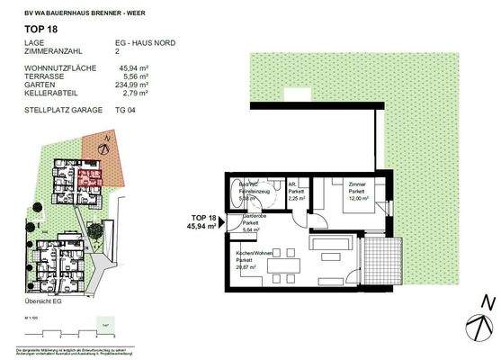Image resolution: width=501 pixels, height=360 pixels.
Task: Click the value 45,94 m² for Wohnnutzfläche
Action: (157, 65)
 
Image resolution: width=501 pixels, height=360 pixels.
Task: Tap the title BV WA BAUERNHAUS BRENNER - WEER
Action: (83, 11)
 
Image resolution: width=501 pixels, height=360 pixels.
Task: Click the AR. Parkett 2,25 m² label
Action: (297, 191)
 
